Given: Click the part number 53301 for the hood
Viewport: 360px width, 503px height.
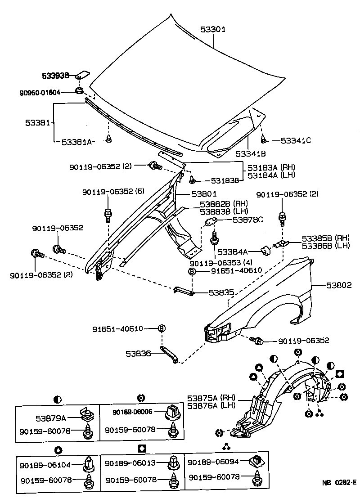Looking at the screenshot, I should (x=213, y=29).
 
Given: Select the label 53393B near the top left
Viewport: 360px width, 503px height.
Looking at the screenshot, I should (x=56, y=76).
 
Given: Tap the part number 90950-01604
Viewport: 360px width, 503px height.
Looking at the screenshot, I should (x=40, y=93).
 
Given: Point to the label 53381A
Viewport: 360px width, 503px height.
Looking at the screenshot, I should (x=76, y=141).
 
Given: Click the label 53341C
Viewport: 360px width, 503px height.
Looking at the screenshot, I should (x=296, y=140).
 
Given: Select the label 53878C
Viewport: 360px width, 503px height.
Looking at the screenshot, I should (x=247, y=220).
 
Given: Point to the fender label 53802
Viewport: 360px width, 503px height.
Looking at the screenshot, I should (x=339, y=285).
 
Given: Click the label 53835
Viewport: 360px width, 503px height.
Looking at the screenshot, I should (x=221, y=292).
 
